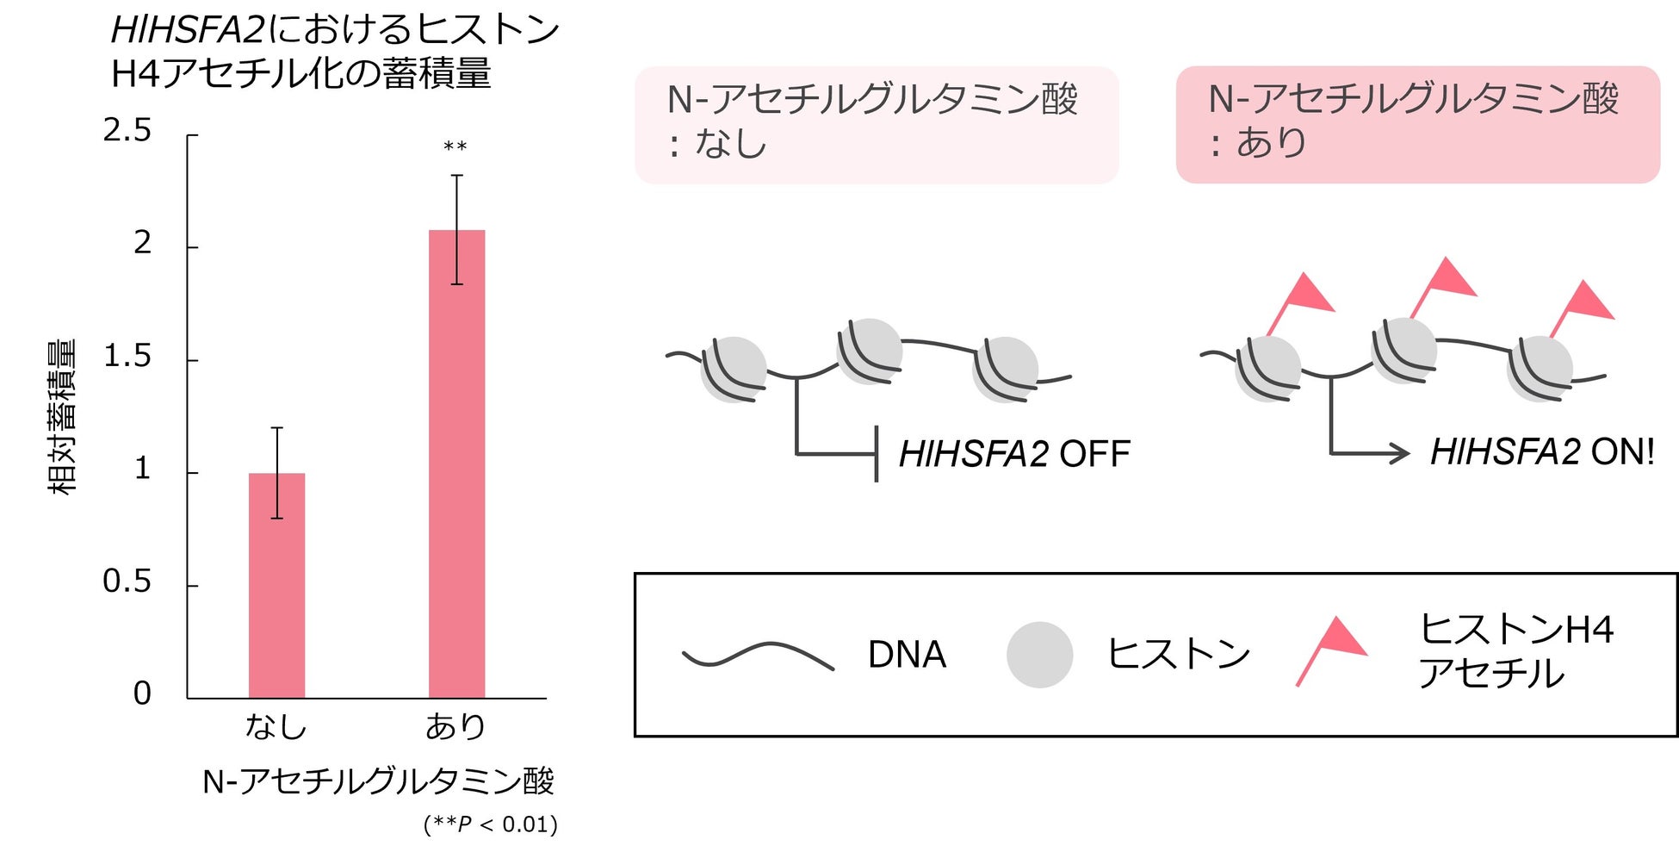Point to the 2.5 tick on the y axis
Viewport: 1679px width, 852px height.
point(127,131)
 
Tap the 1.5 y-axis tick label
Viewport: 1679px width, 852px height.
point(127,357)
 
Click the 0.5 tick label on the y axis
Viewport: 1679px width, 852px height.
point(127,582)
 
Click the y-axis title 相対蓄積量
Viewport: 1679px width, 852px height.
point(62,417)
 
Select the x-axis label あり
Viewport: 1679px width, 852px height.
point(455,727)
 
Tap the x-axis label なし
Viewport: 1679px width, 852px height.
point(276,727)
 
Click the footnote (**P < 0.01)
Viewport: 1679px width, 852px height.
point(491,824)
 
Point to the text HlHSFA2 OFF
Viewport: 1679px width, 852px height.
point(1014,454)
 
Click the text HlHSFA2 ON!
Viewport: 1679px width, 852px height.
point(1542,452)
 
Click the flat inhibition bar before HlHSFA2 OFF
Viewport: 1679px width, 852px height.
point(876,453)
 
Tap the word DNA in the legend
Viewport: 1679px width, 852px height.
point(907,655)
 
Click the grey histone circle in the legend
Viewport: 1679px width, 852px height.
point(1039,655)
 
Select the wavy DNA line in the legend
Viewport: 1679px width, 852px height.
point(758,655)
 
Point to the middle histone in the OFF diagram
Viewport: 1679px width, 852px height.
point(870,351)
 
